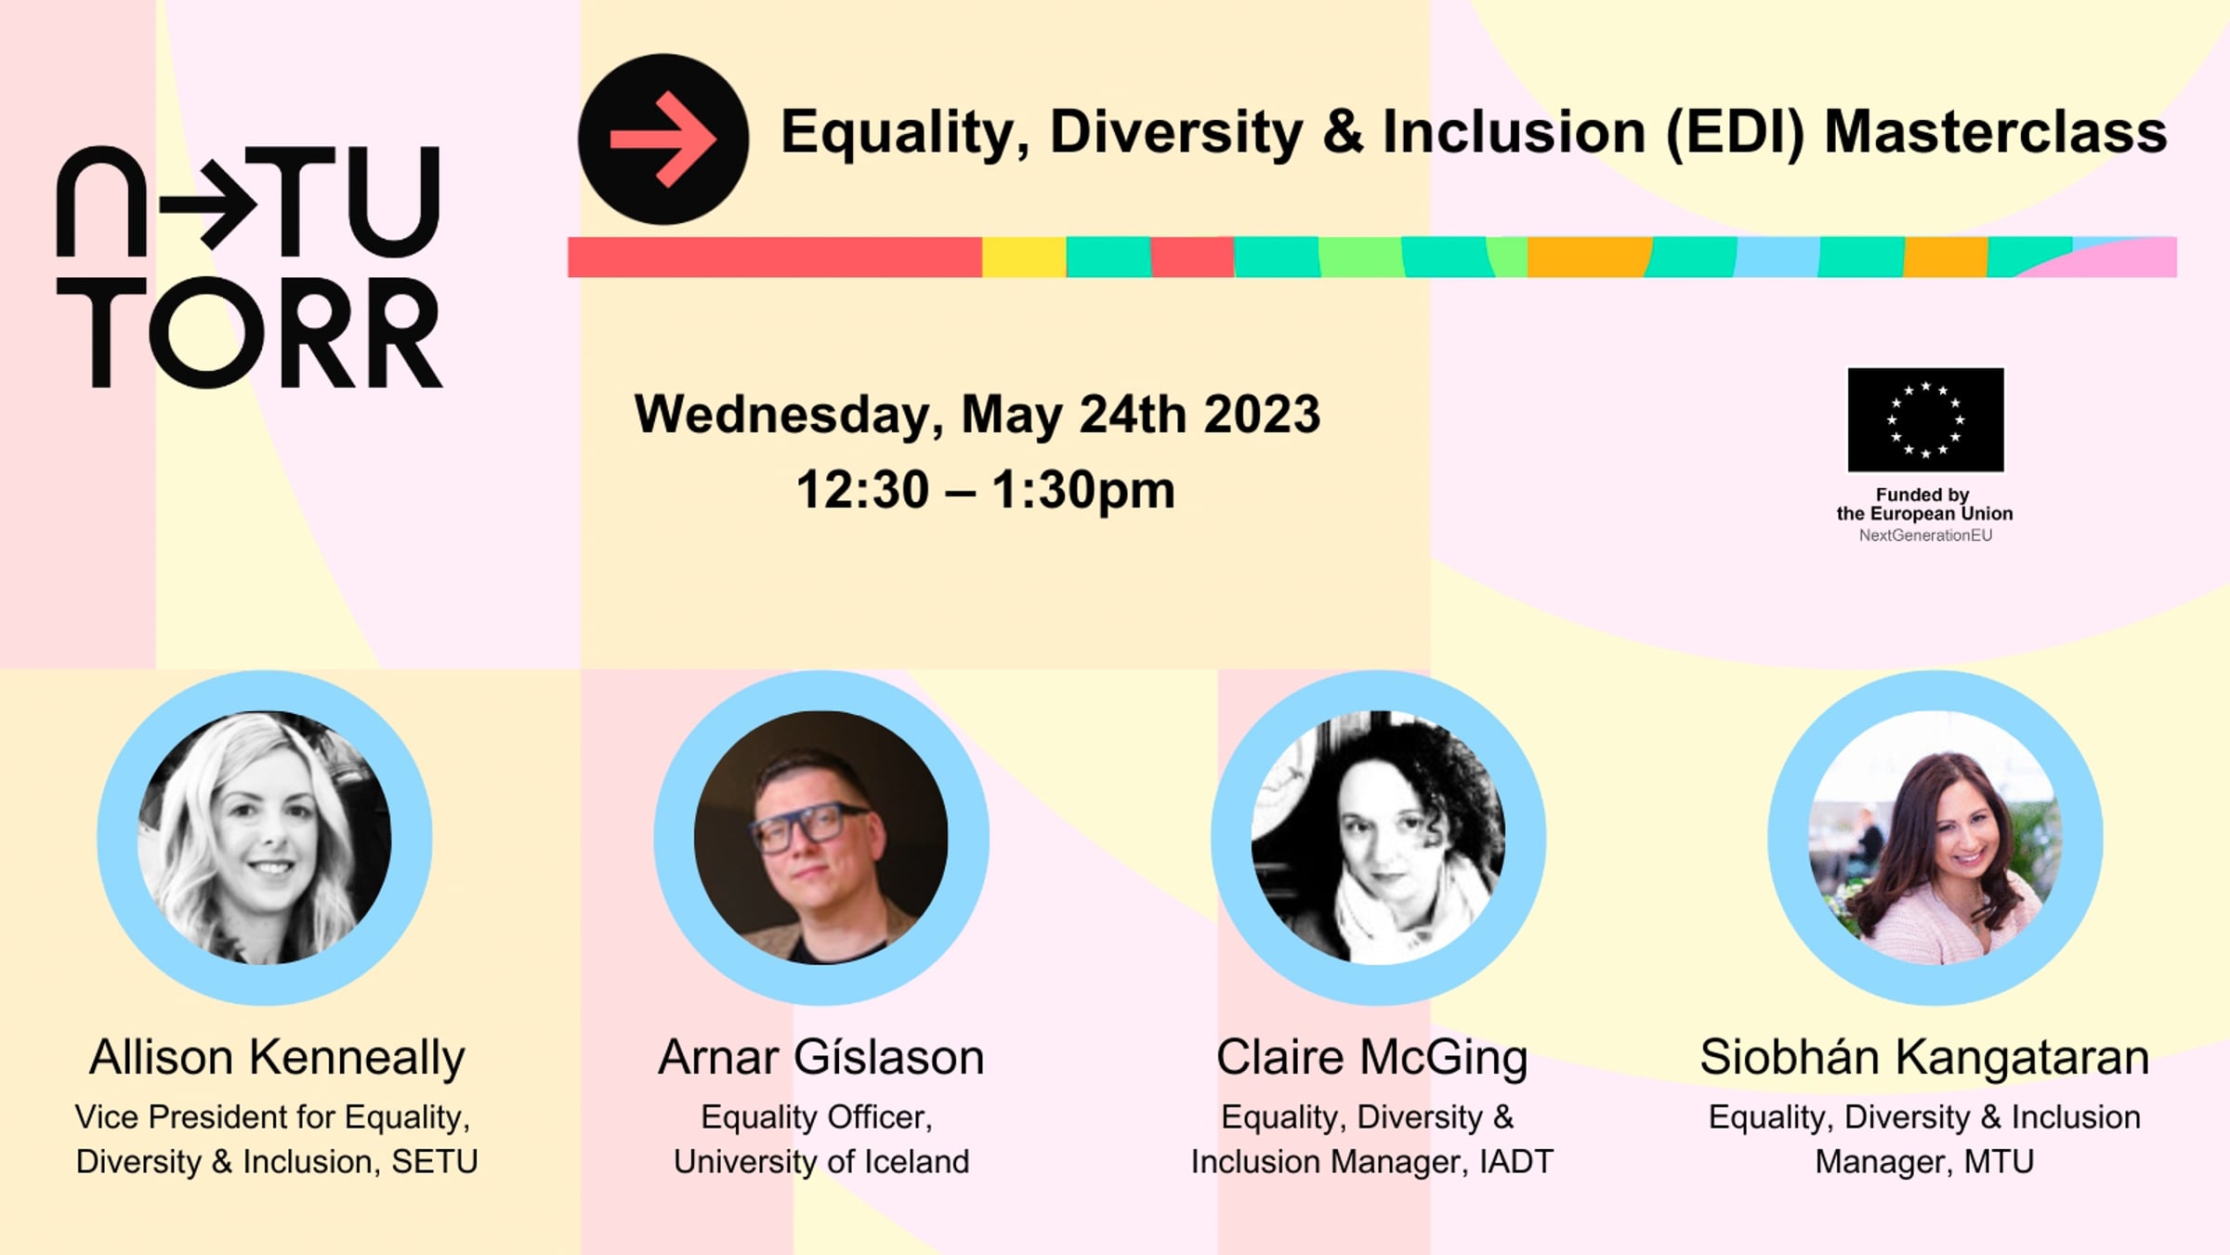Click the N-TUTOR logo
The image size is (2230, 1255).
(x=249, y=267)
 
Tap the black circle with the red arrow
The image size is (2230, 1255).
(x=663, y=139)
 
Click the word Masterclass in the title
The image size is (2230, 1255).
(x=1995, y=132)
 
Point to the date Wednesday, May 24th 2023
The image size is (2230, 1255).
(x=977, y=415)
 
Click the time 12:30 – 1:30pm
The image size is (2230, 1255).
(x=986, y=490)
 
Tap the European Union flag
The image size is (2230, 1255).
(x=1925, y=420)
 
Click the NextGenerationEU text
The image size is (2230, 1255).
(x=1925, y=535)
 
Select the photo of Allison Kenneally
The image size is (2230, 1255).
(x=265, y=838)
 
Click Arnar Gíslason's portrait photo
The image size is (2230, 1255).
(x=821, y=838)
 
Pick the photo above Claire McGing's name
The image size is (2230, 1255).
(x=1378, y=838)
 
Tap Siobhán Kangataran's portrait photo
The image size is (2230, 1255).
(x=1935, y=838)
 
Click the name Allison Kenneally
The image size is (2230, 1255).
(x=277, y=1058)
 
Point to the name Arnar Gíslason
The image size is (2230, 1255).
(x=821, y=1058)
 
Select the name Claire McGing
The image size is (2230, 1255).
(x=1372, y=1059)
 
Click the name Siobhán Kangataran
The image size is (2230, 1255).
(x=1924, y=1059)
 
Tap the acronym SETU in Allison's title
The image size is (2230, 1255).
(x=435, y=1162)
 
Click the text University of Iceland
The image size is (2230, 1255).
(x=821, y=1162)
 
